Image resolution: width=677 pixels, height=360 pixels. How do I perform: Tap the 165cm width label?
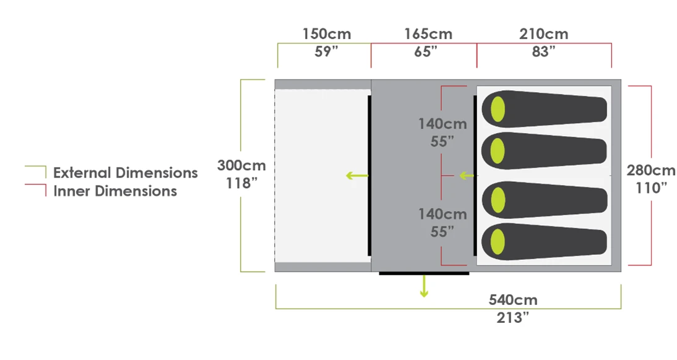pos(428,34)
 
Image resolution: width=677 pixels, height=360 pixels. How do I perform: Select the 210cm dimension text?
pos(544,34)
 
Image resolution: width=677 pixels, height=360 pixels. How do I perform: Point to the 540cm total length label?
pos(513,301)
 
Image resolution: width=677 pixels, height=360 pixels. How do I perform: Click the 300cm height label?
pos(241,166)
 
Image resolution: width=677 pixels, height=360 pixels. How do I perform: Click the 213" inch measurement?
pos(513,318)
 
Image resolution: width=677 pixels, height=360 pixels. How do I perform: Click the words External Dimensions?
pos(125,173)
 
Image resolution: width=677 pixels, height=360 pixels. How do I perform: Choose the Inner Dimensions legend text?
pos(115,191)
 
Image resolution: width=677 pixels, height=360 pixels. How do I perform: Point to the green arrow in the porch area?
pos(356,176)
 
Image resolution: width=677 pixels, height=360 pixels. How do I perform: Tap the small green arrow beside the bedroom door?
pos(465,176)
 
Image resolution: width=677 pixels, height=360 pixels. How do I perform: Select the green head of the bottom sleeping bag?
pos(498,240)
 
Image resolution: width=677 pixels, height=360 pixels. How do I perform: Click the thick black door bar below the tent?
pos(424,272)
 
